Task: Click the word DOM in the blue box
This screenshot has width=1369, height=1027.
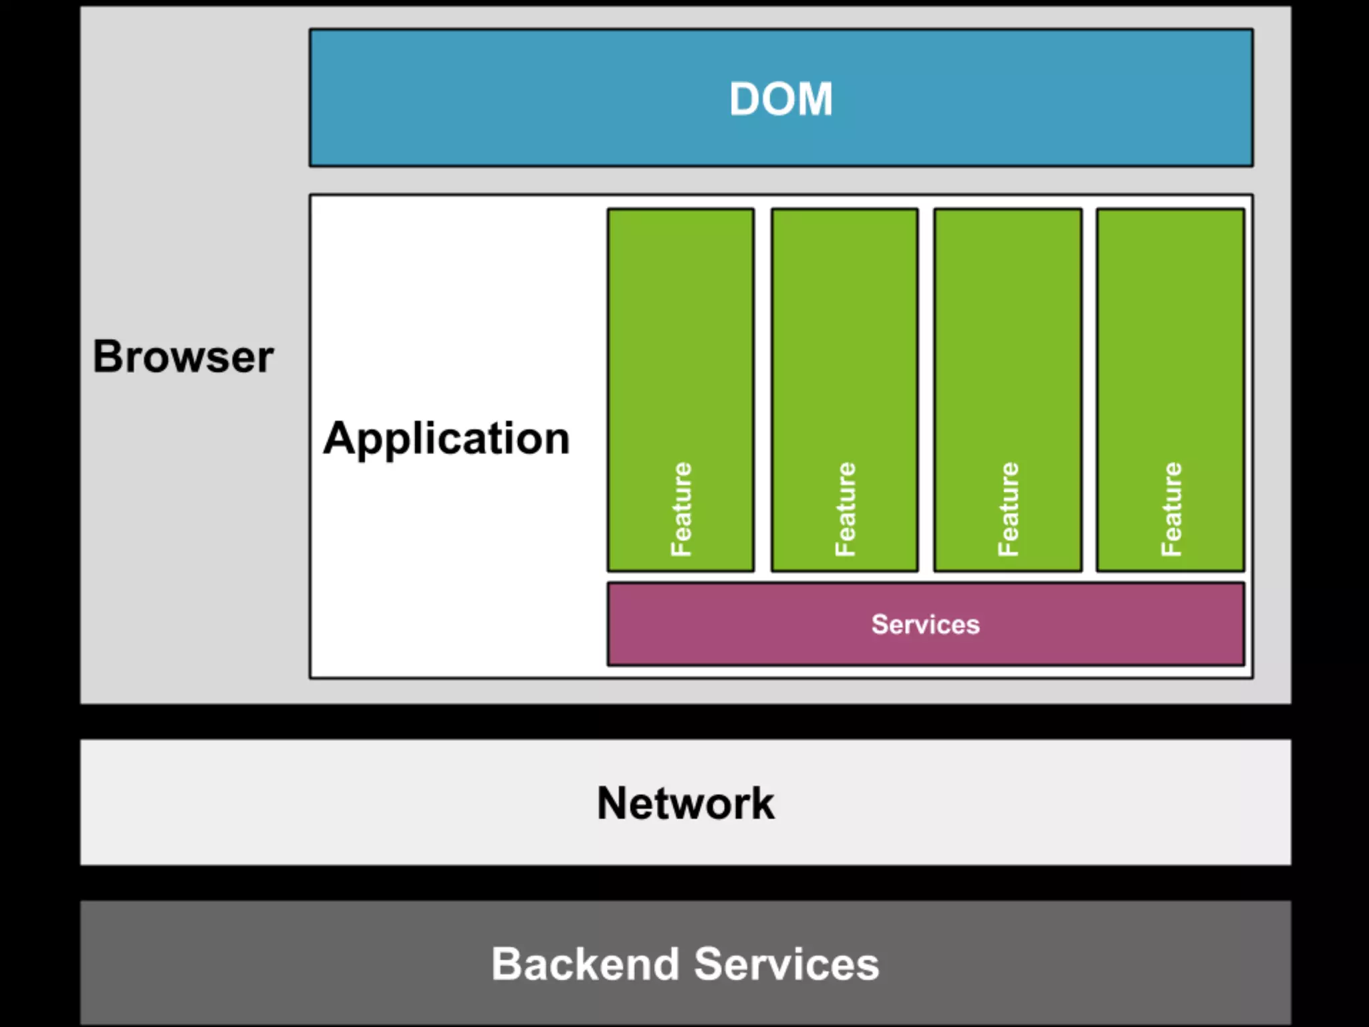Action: pyautogui.click(x=781, y=99)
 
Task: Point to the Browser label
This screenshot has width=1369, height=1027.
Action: pyautogui.click(x=183, y=356)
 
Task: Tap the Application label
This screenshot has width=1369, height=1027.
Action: pyautogui.click(x=446, y=439)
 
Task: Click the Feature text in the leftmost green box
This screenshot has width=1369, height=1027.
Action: pyautogui.click(x=681, y=509)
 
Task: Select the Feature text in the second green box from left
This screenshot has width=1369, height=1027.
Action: pyautogui.click(x=845, y=509)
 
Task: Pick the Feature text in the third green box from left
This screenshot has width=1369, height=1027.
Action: pyautogui.click(x=1008, y=509)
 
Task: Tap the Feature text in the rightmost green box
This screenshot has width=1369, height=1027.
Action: pyautogui.click(x=1171, y=509)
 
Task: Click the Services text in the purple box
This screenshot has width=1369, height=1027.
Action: pyautogui.click(x=925, y=624)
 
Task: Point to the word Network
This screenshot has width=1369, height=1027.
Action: pyautogui.click(x=686, y=802)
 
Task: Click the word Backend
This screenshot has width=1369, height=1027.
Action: pyautogui.click(x=585, y=964)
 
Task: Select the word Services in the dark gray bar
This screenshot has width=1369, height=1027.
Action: pyautogui.click(x=786, y=964)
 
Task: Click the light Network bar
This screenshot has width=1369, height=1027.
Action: pyautogui.click(x=334, y=802)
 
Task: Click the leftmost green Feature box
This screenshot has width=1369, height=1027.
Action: pyautogui.click(x=681, y=334)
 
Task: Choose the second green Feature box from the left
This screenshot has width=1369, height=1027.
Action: pyautogui.click(x=845, y=334)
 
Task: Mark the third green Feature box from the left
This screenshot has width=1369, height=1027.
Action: pyautogui.click(x=1008, y=334)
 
